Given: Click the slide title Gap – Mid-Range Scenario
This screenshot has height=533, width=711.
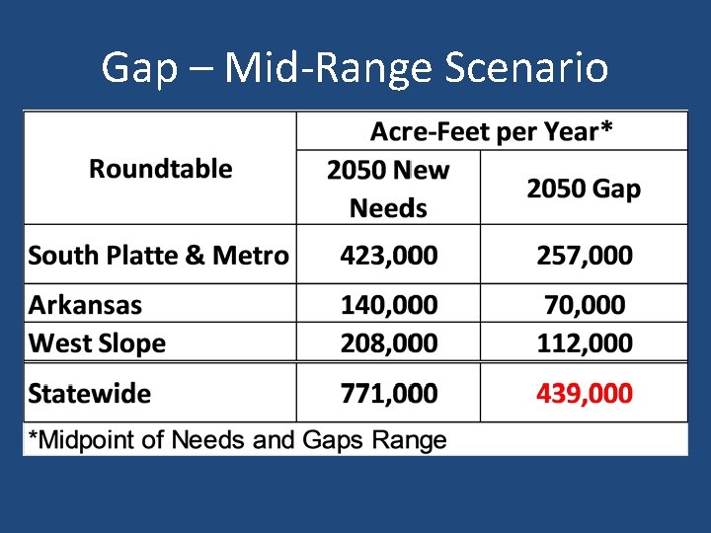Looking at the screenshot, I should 355,68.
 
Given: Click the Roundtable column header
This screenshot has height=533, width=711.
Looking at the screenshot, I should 160,169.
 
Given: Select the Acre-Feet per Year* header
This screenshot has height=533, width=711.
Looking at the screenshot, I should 491,130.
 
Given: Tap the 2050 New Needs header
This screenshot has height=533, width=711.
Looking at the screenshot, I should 388,189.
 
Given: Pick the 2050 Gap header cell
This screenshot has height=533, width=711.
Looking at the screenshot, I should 583,189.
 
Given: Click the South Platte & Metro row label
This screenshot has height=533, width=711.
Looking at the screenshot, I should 158,256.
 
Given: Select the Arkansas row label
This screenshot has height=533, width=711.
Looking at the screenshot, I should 85,305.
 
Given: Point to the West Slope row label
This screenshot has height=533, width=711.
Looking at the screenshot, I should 97,343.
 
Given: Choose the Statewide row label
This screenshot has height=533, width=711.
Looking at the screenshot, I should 90,394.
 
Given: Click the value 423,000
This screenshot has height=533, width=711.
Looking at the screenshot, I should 388,256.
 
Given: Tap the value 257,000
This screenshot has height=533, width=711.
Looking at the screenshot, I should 584,256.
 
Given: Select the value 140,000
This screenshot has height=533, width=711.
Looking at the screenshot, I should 388,305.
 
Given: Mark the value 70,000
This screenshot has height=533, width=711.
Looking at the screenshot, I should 584,305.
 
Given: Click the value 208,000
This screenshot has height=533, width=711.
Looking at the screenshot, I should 388,343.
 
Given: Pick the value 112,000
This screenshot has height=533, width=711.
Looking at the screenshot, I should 584,343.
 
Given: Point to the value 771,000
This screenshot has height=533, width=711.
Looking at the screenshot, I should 388,394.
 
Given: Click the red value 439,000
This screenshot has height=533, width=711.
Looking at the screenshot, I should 584,394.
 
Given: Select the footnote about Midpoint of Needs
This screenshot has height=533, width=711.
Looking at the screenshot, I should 237,440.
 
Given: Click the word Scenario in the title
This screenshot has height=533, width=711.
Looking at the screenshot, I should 526,68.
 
